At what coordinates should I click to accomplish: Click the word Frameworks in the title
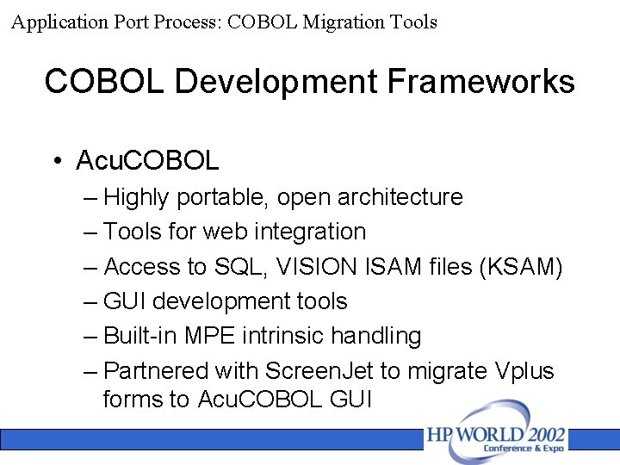tap(480, 82)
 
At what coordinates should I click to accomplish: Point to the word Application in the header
tap(58, 22)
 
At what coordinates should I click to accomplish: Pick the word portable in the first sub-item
tap(222, 197)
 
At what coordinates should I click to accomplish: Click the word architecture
tap(400, 197)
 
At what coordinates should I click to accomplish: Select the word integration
tap(312, 232)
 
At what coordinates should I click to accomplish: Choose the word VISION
tap(317, 267)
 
